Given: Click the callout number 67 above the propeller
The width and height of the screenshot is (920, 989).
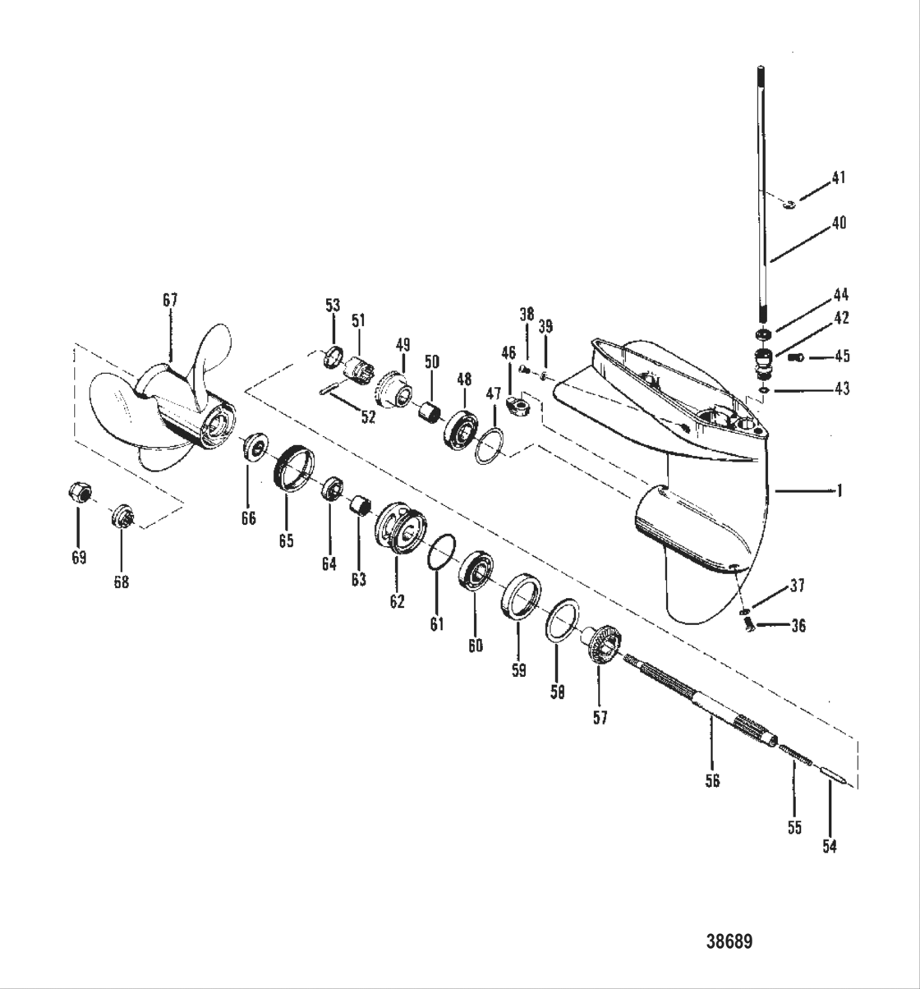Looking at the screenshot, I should pos(170,301).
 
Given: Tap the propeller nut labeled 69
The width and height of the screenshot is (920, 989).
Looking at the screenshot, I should pos(78,493).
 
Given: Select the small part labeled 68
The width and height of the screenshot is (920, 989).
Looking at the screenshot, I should pos(122,517).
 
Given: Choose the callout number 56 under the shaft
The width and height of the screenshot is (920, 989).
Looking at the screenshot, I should pos(712,780).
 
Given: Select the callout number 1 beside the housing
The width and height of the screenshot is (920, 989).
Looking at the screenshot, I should pos(839,491).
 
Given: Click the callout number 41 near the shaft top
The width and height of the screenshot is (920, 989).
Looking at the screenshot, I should pos(838,177).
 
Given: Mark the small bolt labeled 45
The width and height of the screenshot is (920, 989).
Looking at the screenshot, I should pos(795,356).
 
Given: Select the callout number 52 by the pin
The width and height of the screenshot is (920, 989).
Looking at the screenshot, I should pos(368,416).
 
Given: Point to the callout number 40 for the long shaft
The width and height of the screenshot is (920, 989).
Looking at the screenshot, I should pos(839,223).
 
